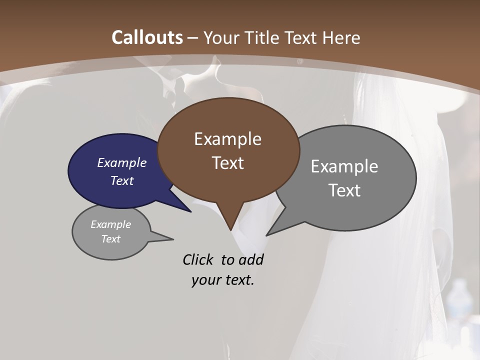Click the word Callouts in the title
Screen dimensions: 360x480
(x=147, y=37)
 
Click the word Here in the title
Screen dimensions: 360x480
(x=342, y=37)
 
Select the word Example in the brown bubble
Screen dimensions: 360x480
(x=227, y=139)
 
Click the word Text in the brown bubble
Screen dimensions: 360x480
(x=227, y=162)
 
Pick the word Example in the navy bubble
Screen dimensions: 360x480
(x=122, y=162)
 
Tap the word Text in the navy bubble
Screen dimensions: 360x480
(x=122, y=180)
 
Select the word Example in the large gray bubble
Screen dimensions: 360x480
(x=344, y=166)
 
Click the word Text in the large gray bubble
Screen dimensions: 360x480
(x=344, y=190)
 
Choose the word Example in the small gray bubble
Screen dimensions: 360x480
(x=110, y=224)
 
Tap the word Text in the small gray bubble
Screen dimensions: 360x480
(x=110, y=239)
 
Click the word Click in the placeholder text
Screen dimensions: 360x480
(x=198, y=259)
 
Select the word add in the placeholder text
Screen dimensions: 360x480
(x=250, y=259)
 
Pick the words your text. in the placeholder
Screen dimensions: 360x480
(x=222, y=280)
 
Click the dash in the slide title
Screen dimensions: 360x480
(x=193, y=38)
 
